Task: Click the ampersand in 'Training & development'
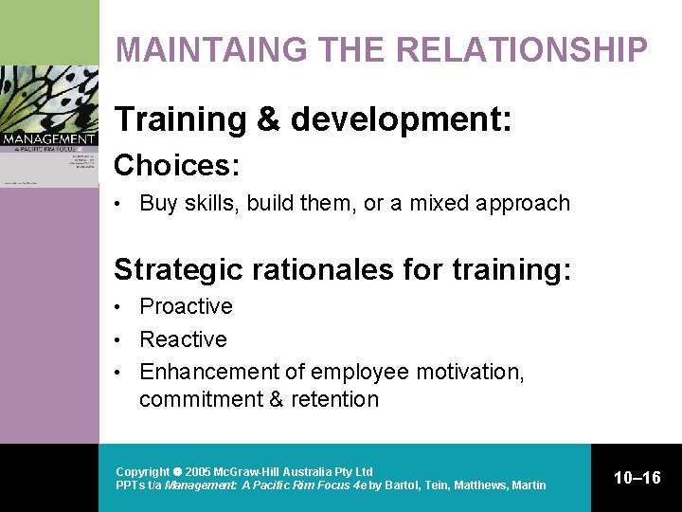[265, 119]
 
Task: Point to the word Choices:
[176, 166]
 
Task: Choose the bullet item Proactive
[186, 306]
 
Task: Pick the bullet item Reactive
[183, 339]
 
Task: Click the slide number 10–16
[637, 478]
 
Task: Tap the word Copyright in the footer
[142, 471]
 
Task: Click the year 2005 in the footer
[197, 471]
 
